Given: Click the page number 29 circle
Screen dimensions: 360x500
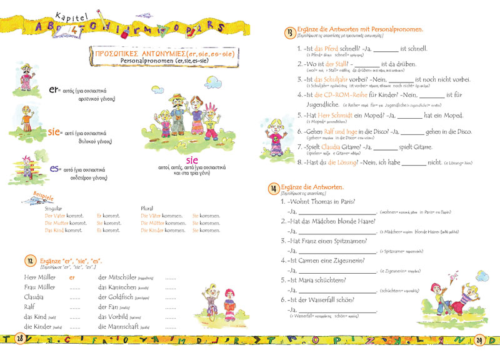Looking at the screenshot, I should click(480, 340).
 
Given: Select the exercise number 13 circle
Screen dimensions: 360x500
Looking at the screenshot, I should click(290, 32).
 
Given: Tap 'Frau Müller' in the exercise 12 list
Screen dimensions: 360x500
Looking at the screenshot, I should click(39, 287).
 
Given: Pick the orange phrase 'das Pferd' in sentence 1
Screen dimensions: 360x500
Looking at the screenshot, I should click(327, 49).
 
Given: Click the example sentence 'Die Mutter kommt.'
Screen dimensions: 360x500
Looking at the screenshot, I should click(65, 222).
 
